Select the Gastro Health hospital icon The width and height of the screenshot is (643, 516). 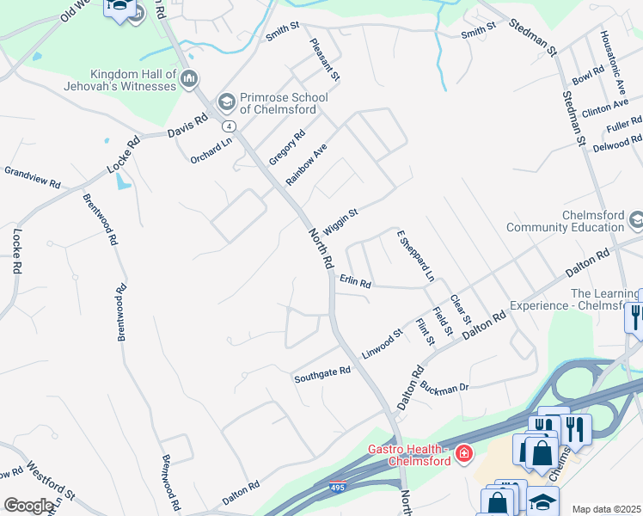[x=464, y=452]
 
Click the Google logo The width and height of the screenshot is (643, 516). [x=28, y=506]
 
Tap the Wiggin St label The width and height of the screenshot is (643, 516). [x=340, y=215]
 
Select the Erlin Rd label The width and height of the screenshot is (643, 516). [x=354, y=280]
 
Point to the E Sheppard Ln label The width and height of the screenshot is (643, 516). [x=415, y=255]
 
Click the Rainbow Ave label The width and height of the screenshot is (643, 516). [x=307, y=163]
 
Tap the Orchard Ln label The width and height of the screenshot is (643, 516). [x=211, y=150]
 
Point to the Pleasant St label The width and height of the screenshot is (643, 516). [x=325, y=59]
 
